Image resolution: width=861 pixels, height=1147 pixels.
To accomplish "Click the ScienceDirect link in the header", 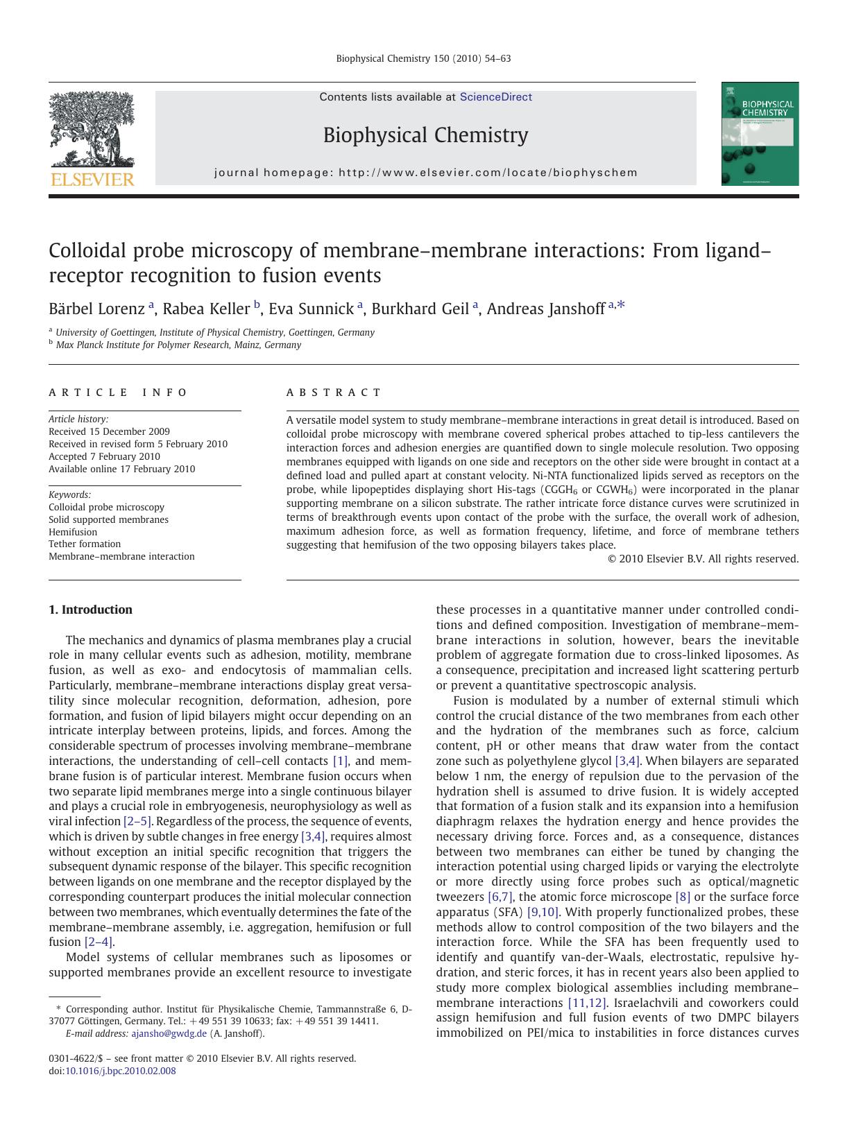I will point(495,97).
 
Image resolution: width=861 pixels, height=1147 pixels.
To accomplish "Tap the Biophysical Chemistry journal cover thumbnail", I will point(760,134).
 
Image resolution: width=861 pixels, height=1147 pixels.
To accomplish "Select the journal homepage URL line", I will point(425,173).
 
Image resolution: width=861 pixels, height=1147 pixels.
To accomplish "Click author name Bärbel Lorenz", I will point(96,309).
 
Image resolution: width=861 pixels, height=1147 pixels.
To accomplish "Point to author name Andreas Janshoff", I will point(545,309).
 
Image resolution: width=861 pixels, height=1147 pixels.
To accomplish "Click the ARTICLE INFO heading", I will point(118,393).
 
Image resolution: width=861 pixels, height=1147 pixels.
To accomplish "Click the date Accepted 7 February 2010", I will point(104,456).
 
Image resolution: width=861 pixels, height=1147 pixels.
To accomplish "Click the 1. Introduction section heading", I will point(90,610).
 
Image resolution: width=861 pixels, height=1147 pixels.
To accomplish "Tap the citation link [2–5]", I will point(137,821).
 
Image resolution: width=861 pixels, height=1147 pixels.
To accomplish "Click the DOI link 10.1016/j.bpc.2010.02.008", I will point(120,1071).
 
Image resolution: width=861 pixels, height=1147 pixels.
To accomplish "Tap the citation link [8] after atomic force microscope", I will point(683,897).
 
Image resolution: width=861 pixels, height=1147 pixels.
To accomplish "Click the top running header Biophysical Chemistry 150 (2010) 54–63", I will point(423,59).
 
